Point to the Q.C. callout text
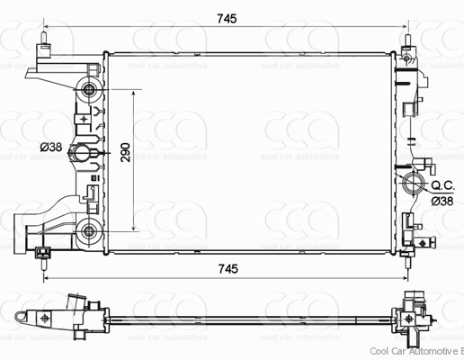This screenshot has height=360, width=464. pos(442,184)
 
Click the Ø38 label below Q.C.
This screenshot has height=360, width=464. pos(442,201)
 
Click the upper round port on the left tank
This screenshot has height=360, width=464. pos(89,90)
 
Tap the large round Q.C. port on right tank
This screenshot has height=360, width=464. pos(415,187)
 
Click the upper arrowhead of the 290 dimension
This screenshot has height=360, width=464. pos(135,93)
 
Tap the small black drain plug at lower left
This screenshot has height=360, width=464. pos(42,253)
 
